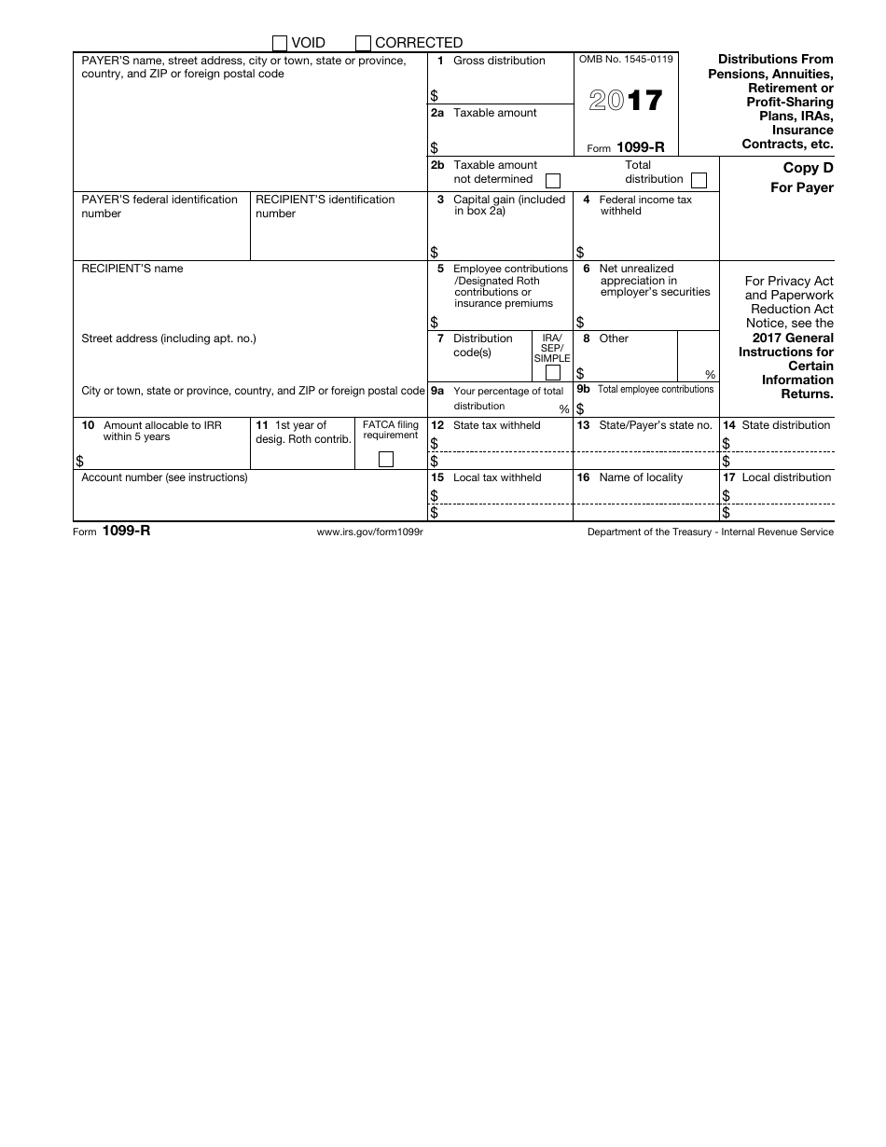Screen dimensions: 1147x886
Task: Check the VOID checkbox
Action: coord(280,43)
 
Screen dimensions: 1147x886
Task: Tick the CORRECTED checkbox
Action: coord(363,43)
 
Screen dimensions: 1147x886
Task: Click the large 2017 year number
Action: coord(626,101)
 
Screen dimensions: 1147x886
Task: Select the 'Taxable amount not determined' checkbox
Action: coord(553,180)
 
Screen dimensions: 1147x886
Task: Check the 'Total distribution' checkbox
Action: coord(699,180)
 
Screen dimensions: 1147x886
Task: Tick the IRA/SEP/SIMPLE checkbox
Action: coord(552,373)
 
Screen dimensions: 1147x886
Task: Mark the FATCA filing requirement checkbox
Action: coord(385,459)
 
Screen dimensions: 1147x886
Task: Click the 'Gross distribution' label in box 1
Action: coord(499,61)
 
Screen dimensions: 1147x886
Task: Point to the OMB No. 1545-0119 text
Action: coord(626,60)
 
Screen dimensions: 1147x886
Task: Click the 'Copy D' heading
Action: coord(808,169)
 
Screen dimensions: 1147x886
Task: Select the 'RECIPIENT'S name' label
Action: coord(132,269)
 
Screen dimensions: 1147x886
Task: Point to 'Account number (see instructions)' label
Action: coord(165,477)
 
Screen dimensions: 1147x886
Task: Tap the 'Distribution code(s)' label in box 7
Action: coord(482,345)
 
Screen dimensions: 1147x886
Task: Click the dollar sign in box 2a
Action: coord(434,147)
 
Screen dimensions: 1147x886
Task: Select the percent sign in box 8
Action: coord(710,375)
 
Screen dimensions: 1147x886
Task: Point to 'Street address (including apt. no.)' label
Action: coord(169,339)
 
